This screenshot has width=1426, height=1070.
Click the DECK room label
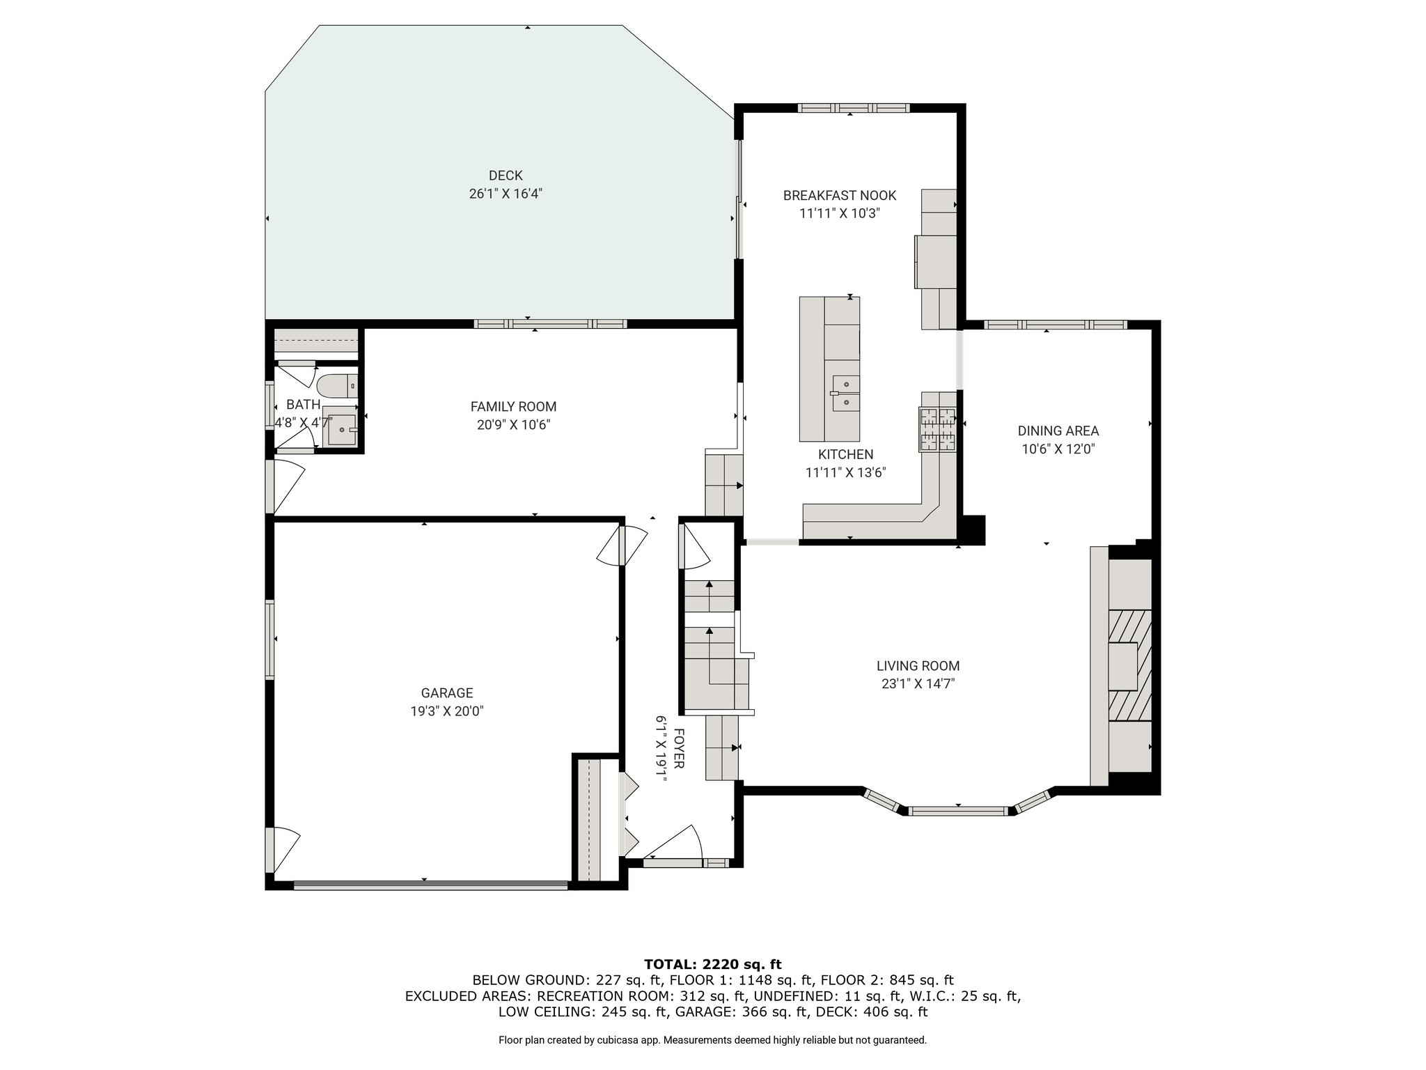pyautogui.click(x=506, y=176)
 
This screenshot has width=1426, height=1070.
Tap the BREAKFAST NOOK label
pyautogui.click(x=840, y=196)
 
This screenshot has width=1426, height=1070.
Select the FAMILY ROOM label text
pyautogui.click(x=513, y=407)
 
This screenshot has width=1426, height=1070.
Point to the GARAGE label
pyautogui.click(x=447, y=693)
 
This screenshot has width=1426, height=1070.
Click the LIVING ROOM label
pyautogui.click(x=918, y=666)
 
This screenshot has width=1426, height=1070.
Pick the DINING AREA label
pyautogui.click(x=1058, y=431)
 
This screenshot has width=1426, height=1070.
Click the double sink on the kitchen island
pyautogui.click(x=845, y=393)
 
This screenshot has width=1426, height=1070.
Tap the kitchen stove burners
pyautogui.click(x=938, y=429)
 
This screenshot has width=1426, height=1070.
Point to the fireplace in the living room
pyautogui.click(x=1129, y=665)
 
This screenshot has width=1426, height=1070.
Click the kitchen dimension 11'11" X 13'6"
pyautogui.click(x=845, y=473)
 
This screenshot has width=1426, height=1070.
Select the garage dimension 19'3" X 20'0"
pyautogui.click(x=447, y=711)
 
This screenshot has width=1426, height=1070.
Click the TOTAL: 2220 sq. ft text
pyautogui.click(x=713, y=965)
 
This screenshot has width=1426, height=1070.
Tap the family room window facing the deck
pyautogui.click(x=551, y=324)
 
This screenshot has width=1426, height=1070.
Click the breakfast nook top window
pyautogui.click(x=854, y=108)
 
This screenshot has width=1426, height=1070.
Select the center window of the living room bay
pyautogui.click(x=958, y=810)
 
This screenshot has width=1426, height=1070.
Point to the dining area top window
pyautogui.click(x=1056, y=325)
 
